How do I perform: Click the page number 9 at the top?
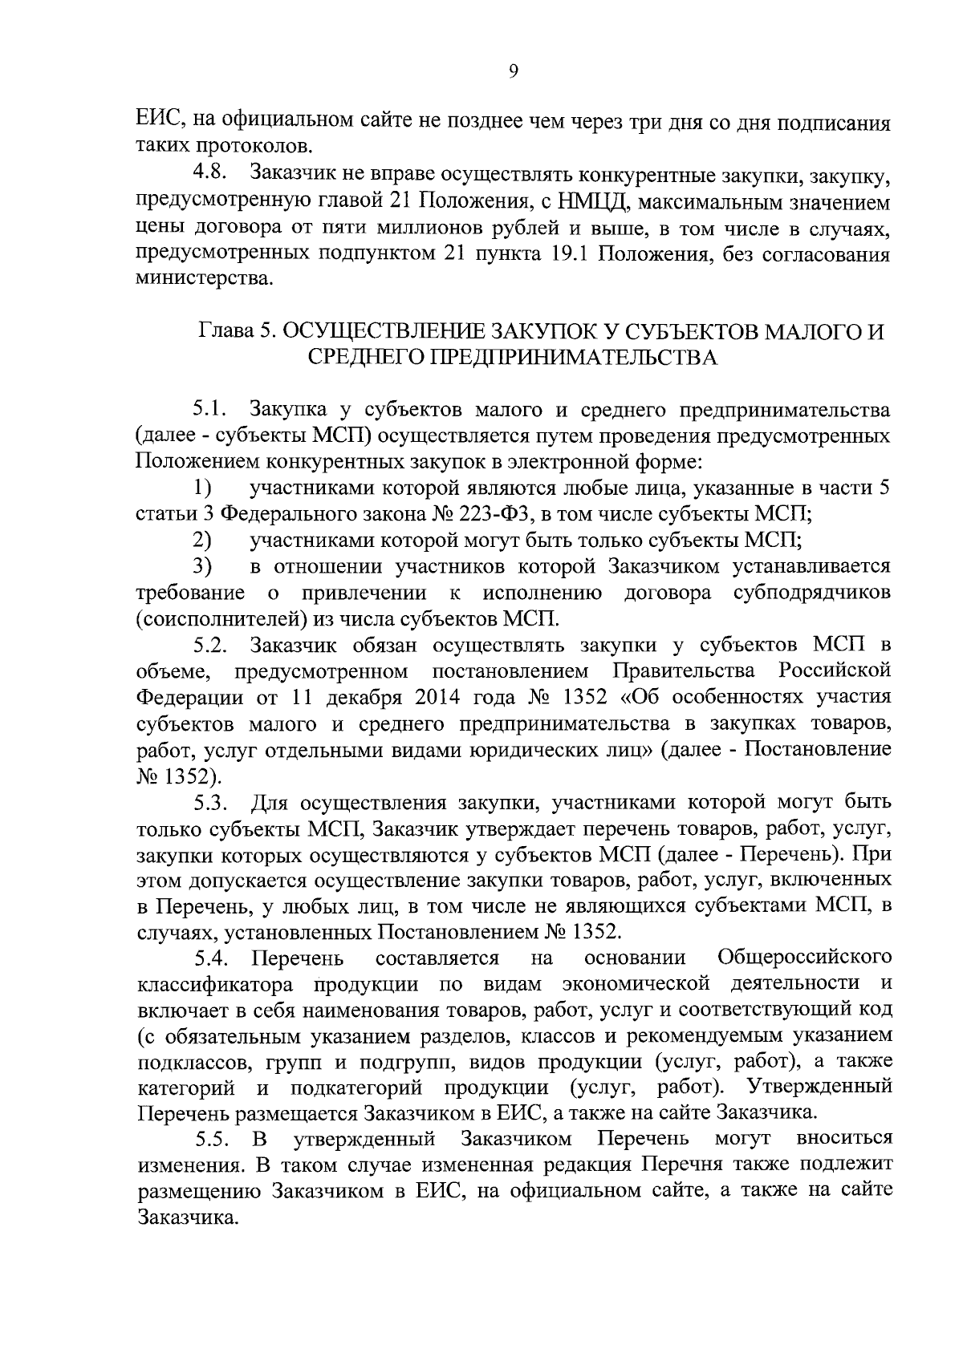pyautogui.click(x=514, y=71)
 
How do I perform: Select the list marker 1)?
pyautogui.click(x=201, y=488)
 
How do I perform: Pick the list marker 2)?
pyautogui.click(x=201, y=541)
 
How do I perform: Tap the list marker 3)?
pyautogui.click(x=201, y=566)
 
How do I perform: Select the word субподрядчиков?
pyautogui.click(x=812, y=593)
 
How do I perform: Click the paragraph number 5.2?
pyautogui.click(x=212, y=645)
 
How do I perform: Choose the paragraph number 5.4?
pyautogui.click(x=213, y=959)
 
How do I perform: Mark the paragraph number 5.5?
pyautogui.click(x=213, y=1140)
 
